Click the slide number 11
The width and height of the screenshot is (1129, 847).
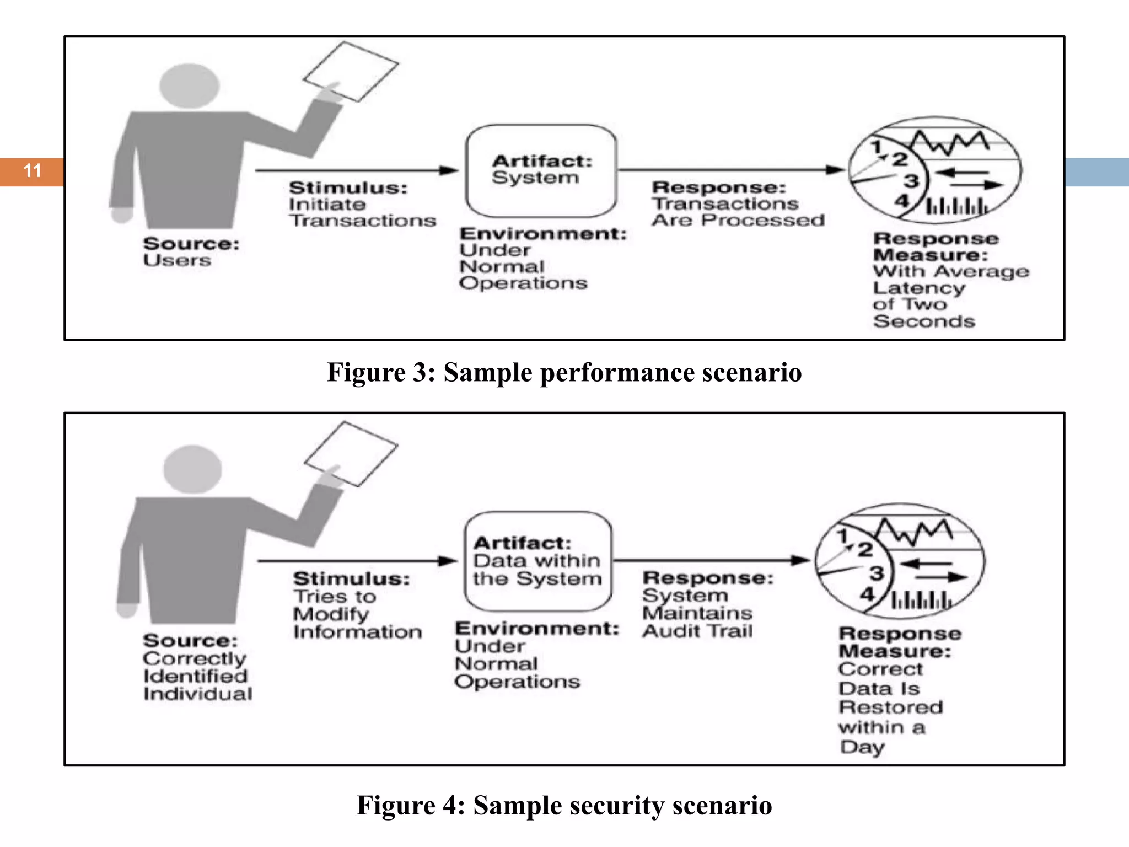click(33, 171)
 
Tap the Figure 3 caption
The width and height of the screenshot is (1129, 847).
click(564, 372)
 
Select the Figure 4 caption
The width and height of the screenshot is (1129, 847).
click(564, 805)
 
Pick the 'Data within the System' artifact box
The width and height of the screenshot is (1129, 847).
click(537, 561)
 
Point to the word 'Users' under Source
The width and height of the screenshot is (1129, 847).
click(177, 260)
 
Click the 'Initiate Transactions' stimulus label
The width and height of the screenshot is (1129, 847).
click(362, 212)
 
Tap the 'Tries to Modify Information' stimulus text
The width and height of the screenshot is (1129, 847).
click(357, 614)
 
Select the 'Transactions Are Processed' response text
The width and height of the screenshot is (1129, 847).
click(738, 212)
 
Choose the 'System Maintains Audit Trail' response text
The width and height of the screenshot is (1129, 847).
click(697, 613)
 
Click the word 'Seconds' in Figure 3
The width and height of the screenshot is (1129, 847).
click(924, 321)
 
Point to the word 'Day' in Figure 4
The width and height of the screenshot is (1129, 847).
click(862, 747)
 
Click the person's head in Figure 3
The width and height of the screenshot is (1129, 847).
click(189, 85)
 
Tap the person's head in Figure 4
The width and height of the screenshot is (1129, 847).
click(192, 470)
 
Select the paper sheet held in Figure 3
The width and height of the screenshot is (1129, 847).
click(351, 72)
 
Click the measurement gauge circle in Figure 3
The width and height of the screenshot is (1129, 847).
click(934, 170)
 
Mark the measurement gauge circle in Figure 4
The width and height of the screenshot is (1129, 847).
click(900, 560)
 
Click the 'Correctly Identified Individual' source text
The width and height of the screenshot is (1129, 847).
click(197, 676)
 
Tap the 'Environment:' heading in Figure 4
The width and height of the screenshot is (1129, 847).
click(537, 629)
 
